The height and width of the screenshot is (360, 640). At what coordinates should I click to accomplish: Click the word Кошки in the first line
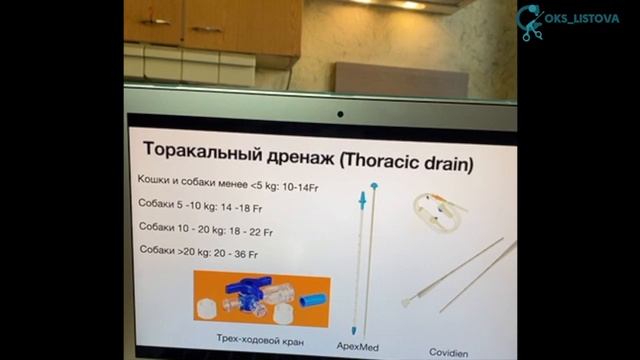[x=154, y=180]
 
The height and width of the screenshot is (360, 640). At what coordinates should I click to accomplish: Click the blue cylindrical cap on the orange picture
[x=312, y=298]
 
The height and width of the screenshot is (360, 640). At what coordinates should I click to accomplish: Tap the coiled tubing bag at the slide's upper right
[x=436, y=209]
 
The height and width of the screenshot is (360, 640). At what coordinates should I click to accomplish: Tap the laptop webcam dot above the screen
[x=339, y=114]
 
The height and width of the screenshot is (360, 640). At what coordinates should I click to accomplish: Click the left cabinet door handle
[x=154, y=20]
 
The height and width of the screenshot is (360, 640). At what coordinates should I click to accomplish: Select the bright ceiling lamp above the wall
[x=410, y=5]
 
